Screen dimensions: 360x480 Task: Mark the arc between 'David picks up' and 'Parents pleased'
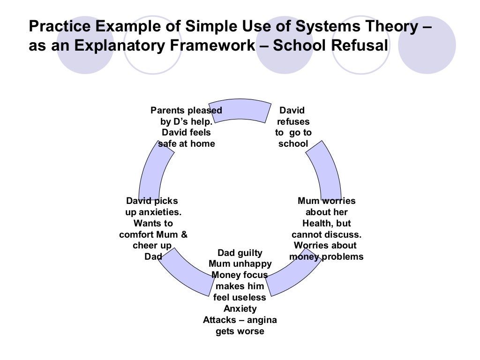click(x=152, y=172)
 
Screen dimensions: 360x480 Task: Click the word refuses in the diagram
click(x=293, y=122)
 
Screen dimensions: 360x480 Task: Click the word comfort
click(x=135, y=234)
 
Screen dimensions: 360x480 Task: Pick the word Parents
click(x=168, y=111)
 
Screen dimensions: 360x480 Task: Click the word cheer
click(x=145, y=246)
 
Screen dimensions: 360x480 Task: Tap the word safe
click(x=167, y=144)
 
